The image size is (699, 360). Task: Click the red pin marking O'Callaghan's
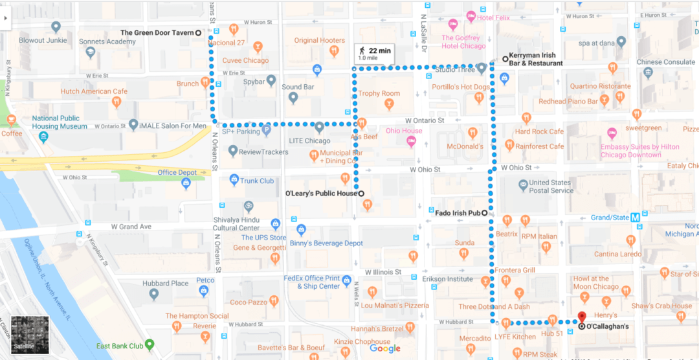(x=581, y=317)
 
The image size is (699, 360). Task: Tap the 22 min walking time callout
(x=375, y=54)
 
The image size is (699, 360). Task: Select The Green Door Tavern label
(x=157, y=32)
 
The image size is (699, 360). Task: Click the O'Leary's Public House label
(x=321, y=193)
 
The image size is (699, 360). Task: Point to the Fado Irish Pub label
(x=458, y=212)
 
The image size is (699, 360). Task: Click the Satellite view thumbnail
(x=30, y=335)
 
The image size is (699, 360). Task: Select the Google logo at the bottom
(x=385, y=349)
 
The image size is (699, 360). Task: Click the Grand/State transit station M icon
(x=636, y=218)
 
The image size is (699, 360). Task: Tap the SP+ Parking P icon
(x=266, y=131)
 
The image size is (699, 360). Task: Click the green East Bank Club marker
(x=150, y=344)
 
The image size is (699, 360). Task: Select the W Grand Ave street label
(x=131, y=227)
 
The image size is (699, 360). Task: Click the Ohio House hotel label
(x=404, y=131)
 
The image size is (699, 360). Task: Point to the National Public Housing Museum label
(x=60, y=122)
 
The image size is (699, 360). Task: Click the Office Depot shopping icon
(x=186, y=184)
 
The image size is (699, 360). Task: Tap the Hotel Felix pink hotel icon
(x=471, y=15)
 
